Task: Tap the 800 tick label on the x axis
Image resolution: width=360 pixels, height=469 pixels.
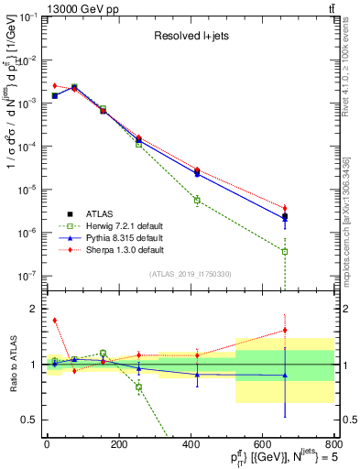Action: click(x=332, y=445)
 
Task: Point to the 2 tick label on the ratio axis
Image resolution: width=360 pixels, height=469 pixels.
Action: click(x=34, y=309)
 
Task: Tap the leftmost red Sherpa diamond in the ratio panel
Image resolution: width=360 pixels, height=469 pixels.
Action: click(x=55, y=321)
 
